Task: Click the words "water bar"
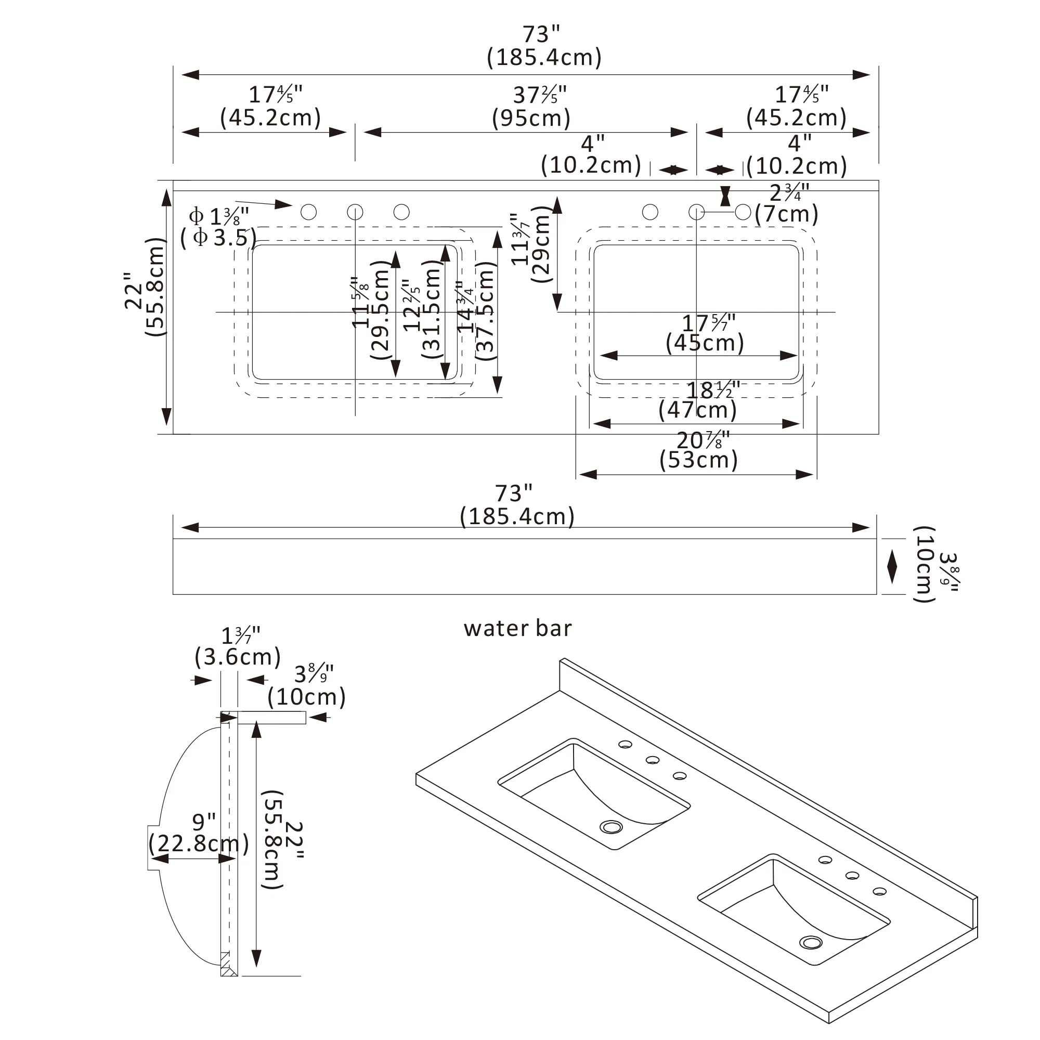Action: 517,628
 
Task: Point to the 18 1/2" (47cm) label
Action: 698,400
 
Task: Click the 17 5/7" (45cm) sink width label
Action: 705,333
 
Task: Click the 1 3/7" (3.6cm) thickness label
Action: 238,646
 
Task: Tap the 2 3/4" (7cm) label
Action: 787,203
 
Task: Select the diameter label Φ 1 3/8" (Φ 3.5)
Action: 218,227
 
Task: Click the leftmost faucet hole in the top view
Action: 308,212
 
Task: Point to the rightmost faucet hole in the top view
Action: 743,212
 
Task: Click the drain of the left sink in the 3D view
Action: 612,827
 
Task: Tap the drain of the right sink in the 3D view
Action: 811,943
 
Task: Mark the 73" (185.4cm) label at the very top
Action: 544,46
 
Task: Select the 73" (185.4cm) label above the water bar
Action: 517,505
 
